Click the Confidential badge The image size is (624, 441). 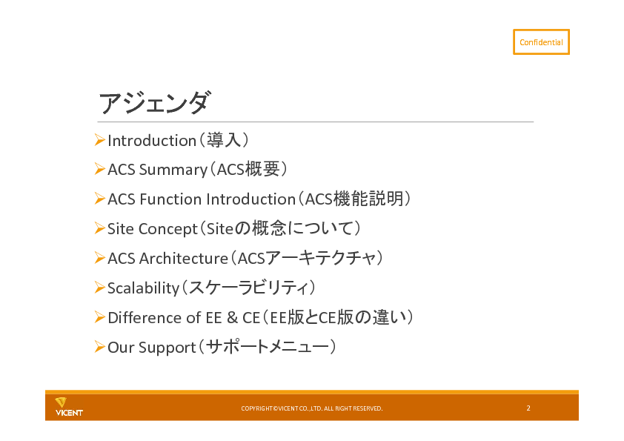(x=541, y=42)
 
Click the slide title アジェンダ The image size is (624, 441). (x=153, y=103)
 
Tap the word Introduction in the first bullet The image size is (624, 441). (x=152, y=141)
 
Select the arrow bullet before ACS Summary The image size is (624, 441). (x=100, y=169)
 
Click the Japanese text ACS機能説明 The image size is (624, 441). (x=354, y=199)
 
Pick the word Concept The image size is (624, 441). (x=168, y=229)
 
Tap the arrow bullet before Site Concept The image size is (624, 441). (x=100, y=228)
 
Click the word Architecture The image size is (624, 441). (x=184, y=259)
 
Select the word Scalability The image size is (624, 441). (x=144, y=288)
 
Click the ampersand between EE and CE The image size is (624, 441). (x=232, y=318)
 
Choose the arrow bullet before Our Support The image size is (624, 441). (x=100, y=347)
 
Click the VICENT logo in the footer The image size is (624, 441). (x=69, y=407)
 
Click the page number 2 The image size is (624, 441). (x=528, y=408)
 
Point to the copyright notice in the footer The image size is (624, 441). (x=311, y=408)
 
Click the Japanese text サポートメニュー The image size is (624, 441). (x=268, y=347)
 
